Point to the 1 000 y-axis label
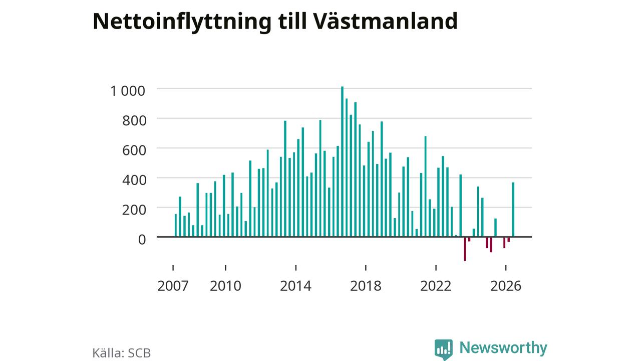pyautogui.click(x=128, y=91)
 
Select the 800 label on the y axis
pyautogui.click(x=134, y=121)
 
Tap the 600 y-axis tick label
pyautogui.click(x=134, y=150)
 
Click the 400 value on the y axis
pyautogui.click(x=134, y=180)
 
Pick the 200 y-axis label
pyautogui.click(x=134, y=210)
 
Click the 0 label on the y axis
pyautogui.click(x=142, y=240)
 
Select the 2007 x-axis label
pyautogui.click(x=173, y=286)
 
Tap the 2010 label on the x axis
pyautogui.click(x=225, y=286)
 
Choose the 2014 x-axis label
pyautogui.click(x=295, y=286)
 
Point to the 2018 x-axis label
pyautogui.click(x=366, y=286)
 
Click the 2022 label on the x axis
pyautogui.click(x=436, y=286)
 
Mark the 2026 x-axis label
pyautogui.click(x=506, y=286)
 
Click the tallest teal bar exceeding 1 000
pyautogui.click(x=342, y=161)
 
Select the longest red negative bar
pyautogui.click(x=465, y=249)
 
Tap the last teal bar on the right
pyautogui.click(x=513, y=210)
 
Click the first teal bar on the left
pyautogui.click(x=176, y=226)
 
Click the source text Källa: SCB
pyautogui.click(x=122, y=353)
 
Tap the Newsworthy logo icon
pyautogui.click(x=444, y=349)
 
